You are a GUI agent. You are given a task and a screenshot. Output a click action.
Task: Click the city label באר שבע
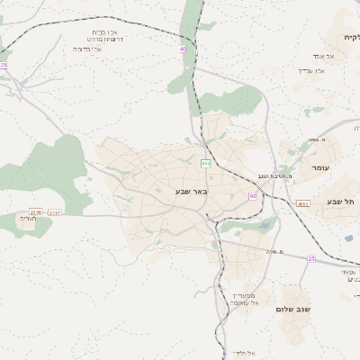190,191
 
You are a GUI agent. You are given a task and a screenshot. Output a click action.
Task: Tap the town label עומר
320,169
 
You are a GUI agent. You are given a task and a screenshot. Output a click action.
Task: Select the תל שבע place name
341,202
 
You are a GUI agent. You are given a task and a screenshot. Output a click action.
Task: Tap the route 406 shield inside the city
205,164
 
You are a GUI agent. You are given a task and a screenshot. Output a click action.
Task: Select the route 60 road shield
253,195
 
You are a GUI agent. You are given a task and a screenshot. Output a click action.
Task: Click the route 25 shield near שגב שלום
311,258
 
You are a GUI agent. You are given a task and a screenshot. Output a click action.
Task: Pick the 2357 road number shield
56,213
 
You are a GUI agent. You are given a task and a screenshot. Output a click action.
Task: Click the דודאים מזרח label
91,39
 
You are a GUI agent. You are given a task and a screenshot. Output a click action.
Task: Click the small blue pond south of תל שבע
348,238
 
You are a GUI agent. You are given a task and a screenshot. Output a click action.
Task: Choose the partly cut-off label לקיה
350,37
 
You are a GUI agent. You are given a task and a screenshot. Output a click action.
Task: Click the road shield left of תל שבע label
303,203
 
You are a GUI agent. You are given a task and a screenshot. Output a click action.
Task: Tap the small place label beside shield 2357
28,219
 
